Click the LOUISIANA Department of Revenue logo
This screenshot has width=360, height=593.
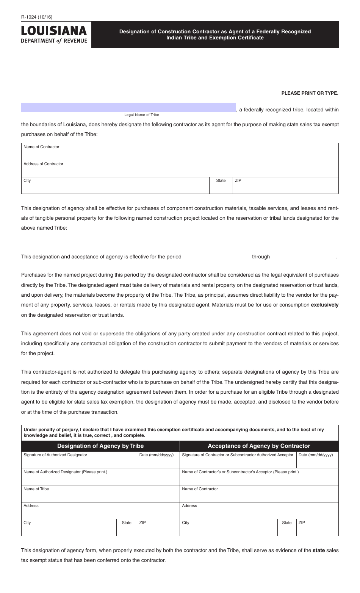pyautogui.click(x=54, y=34)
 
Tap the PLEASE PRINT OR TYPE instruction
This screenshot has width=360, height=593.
pyautogui.click(x=310, y=93)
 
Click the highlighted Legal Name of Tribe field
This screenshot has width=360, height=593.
pyautogui.click(x=128, y=108)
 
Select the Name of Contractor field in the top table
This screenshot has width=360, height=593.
pyautogui.click(x=180, y=152)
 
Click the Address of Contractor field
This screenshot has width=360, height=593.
pyautogui.click(x=180, y=169)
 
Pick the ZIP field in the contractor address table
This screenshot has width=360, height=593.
pyautogui.click(x=285, y=186)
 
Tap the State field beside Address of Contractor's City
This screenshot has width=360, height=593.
pyautogui.click(x=221, y=186)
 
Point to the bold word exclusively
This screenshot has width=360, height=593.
pyautogui.click(x=324, y=305)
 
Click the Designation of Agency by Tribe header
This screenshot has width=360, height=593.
pyautogui.click(x=100, y=446)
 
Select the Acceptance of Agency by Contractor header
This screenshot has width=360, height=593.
pyautogui.click(x=259, y=446)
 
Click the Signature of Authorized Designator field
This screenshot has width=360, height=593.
pyautogui.click(x=79, y=460)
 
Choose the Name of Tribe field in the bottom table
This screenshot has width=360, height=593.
pyautogui.click(x=100, y=494)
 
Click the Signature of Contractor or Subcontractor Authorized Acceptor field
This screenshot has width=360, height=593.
pyautogui.click(x=238, y=460)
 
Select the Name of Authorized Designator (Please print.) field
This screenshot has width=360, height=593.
pyautogui.click(x=100, y=477)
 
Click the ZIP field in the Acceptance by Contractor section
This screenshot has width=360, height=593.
pyautogui.click(x=317, y=527)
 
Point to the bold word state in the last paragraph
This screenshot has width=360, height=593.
pyautogui.click(x=318, y=550)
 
